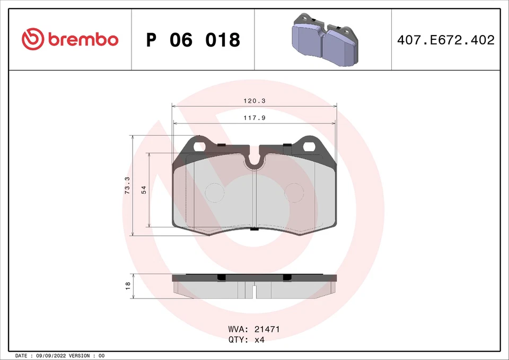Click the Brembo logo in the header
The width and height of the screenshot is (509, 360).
click(x=69, y=39)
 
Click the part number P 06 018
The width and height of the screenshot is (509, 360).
click(x=193, y=40)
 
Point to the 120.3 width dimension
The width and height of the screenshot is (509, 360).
click(x=254, y=100)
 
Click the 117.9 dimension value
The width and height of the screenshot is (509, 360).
click(x=254, y=118)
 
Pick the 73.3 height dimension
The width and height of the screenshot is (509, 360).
click(x=127, y=186)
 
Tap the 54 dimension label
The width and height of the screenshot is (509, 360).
click(x=144, y=190)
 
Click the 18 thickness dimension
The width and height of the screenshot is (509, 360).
click(x=127, y=286)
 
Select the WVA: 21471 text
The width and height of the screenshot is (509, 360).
click(x=254, y=329)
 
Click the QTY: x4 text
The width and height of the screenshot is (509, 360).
click(x=246, y=340)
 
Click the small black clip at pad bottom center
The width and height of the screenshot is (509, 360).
click(x=254, y=229)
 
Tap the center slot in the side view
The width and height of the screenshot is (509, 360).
click(x=254, y=292)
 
